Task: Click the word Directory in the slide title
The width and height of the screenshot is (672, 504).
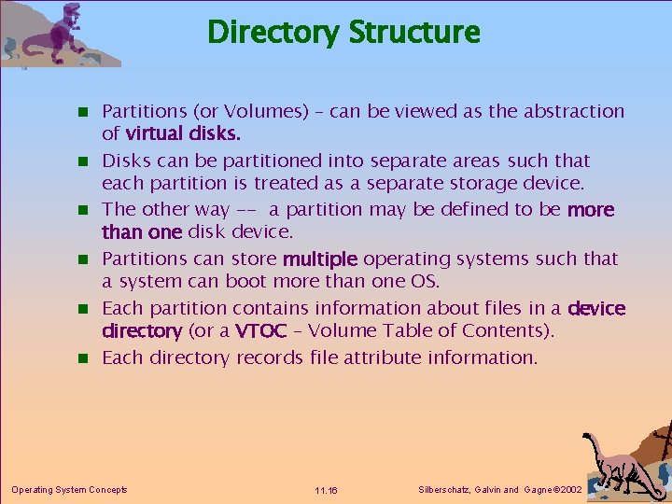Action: pos(273,33)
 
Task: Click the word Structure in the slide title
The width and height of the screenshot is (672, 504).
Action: pos(413,33)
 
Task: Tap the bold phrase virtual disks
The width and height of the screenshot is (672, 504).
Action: pos(177,133)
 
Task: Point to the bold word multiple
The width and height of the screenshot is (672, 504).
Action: pos(320,259)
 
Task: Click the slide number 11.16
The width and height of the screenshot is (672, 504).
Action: pos(326,490)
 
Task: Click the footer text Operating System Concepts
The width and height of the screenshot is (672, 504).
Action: pos(69,489)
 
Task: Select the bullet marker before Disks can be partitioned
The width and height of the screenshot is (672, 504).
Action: pos(83,161)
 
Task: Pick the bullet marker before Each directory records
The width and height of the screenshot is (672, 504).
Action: pos(83,358)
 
